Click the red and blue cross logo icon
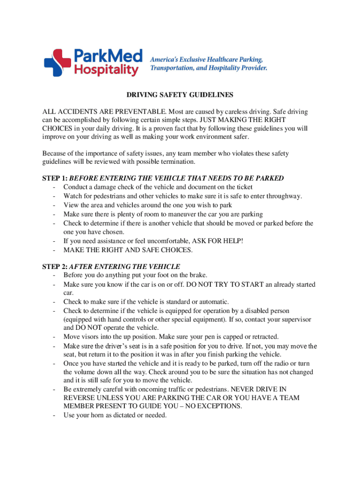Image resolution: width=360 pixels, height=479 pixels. (56, 62)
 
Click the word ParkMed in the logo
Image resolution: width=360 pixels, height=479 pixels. (107, 56)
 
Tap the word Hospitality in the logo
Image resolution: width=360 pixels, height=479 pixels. (107, 70)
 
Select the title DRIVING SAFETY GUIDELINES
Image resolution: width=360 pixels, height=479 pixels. (180, 95)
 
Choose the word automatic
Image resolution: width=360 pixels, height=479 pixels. (213, 302)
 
